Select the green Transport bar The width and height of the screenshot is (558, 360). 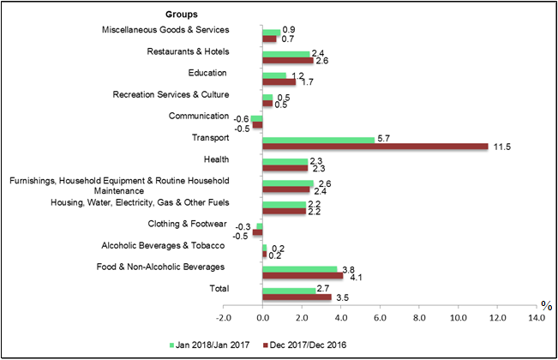[x=318, y=140]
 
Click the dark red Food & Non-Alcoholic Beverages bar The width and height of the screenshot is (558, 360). [x=303, y=275]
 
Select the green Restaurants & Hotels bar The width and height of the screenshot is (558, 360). [x=285, y=54]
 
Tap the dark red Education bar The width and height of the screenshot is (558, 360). [x=279, y=82]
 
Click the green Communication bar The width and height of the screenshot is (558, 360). [x=256, y=118]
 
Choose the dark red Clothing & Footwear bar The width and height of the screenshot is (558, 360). [x=257, y=233]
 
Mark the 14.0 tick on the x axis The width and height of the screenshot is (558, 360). [x=535, y=318]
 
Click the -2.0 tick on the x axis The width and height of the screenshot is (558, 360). [x=223, y=318]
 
